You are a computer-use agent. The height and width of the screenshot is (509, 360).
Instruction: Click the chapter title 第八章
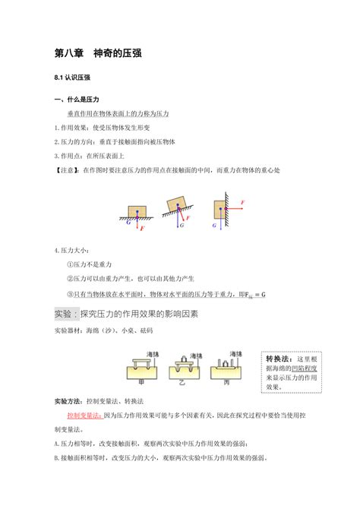pos(70,55)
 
